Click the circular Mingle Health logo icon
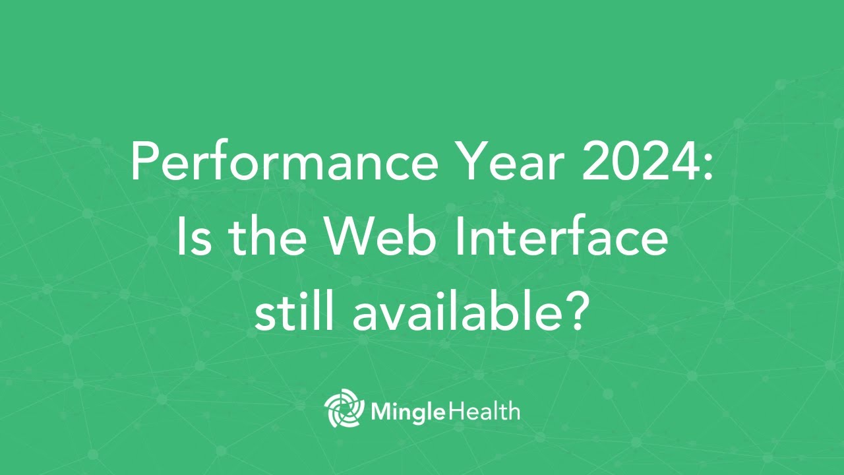(x=344, y=410)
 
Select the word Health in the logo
(x=485, y=411)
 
